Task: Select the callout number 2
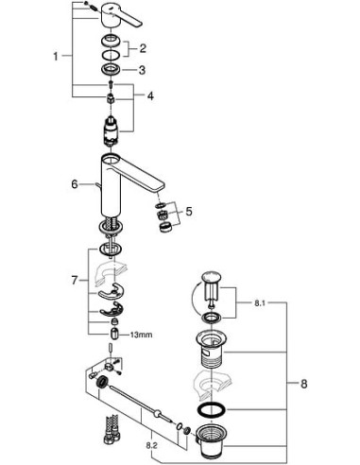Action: coord(142,47)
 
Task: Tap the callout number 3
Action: coord(142,69)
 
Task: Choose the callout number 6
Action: coord(75,184)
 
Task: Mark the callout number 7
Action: coord(76,281)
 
